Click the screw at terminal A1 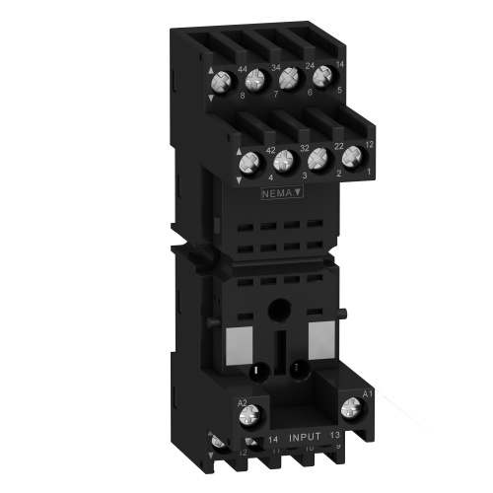point(350,405)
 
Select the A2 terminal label point(242,403)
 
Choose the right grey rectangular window point(322,339)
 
